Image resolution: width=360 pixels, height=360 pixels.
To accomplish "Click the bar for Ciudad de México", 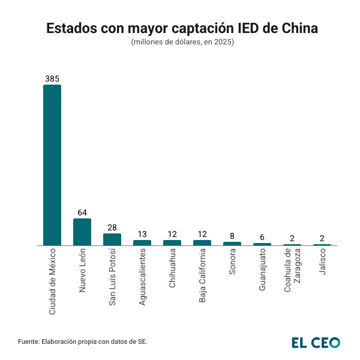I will point(52,165).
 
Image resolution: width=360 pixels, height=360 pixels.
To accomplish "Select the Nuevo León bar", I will point(82,232).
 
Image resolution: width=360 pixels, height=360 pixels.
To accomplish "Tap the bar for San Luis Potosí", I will point(112,239).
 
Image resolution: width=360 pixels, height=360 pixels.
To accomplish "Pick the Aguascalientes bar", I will point(142,242).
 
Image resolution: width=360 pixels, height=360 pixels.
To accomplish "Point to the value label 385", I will point(52,79).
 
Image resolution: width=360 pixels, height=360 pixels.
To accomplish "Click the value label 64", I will point(82,212).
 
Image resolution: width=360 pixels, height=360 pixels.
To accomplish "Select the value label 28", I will point(112,227).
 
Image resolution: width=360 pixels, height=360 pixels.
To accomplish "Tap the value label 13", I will point(142,234).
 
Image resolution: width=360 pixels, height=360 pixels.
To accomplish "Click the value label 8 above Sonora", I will point(232,236).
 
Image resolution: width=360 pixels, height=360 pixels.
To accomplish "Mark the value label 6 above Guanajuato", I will point(262,237).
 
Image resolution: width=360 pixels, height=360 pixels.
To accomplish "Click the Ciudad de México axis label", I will point(52,281).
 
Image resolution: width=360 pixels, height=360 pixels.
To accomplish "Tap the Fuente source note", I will point(83,341).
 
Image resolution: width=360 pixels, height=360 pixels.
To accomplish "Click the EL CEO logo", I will point(316,342).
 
